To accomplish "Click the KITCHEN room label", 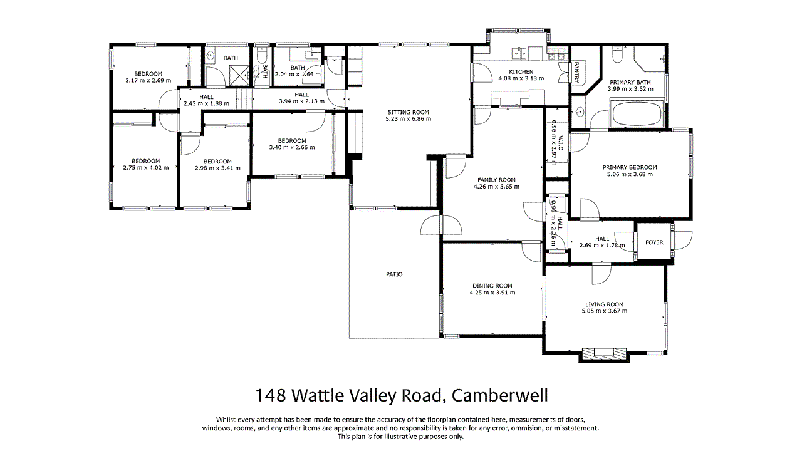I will pos(521,71).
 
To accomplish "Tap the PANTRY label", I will pos(576,72).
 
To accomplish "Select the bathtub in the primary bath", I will pos(636,115).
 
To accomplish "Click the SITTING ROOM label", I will pos(408,112).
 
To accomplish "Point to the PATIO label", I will pos(394,274).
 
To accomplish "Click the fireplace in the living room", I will pos(604,354).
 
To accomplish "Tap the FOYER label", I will pos(654,242).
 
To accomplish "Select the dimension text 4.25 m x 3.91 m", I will pos(493,293).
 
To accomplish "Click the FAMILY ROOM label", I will pos(496,179).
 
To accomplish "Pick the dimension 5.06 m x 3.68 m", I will pos(630,174).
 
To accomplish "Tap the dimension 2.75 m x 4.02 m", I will pos(146,168).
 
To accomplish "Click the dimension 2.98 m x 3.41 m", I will pos(217,168).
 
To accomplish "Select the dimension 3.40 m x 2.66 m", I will pos(292,147).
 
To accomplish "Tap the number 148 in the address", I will pos(270,396).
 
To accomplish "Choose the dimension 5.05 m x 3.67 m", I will pos(605,311).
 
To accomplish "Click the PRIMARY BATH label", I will pos(629,82).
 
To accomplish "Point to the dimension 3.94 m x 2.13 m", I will pos(301,101).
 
